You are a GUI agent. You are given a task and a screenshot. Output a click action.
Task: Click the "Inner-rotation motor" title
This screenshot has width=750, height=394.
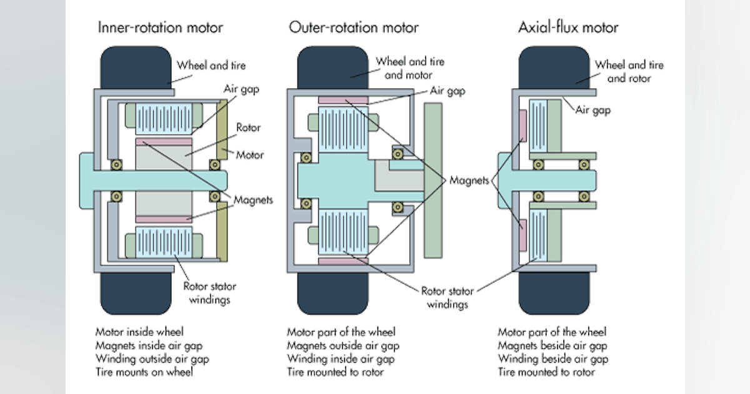coord(160,28)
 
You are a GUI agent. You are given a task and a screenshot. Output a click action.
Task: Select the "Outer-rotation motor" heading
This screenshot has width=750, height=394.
coord(353,28)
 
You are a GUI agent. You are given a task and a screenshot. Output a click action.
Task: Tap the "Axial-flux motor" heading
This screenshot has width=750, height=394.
coord(567,28)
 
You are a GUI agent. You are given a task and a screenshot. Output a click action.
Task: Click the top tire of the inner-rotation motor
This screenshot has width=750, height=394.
coord(136,66)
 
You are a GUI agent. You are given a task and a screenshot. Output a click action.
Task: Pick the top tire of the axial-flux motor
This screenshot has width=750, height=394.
coord(554,66)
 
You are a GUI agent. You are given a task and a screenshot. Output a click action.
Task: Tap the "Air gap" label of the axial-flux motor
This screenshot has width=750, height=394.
coord(594,110)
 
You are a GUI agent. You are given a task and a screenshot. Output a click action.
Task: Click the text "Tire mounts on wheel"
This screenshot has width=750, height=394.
coord(144,371)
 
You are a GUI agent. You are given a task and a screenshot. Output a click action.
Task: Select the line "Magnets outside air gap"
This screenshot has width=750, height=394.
coord(342,345)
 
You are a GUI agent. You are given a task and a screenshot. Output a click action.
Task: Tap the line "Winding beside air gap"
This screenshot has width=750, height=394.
coord(552,358)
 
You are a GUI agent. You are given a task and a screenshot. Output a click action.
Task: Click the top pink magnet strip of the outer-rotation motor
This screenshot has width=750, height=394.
coord(343,101)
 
